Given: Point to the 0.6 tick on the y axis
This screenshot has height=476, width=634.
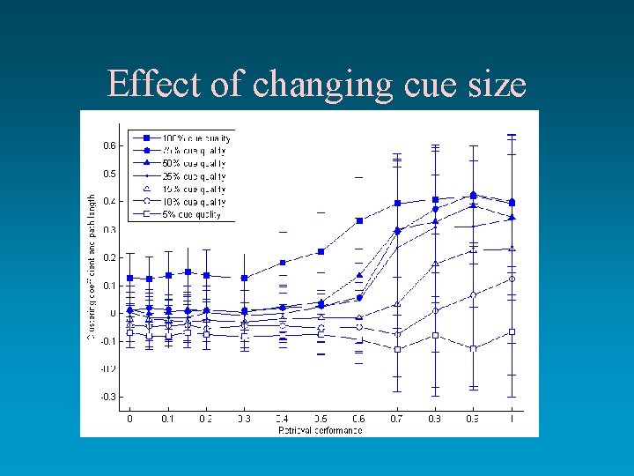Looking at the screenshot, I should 108,145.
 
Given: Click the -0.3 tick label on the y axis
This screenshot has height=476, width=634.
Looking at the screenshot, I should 107,398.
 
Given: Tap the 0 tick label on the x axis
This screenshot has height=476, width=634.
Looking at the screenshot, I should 130,419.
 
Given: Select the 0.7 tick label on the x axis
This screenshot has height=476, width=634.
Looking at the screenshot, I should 397,419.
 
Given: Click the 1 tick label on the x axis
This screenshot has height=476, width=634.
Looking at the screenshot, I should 512,419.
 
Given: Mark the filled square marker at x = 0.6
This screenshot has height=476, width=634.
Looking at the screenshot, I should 359,221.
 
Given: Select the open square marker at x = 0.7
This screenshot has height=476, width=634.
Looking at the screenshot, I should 397,349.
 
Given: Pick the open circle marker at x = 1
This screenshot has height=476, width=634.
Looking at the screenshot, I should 512,279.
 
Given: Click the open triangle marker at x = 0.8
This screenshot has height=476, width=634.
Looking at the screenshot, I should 435,264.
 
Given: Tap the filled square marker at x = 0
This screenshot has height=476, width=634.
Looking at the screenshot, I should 130,278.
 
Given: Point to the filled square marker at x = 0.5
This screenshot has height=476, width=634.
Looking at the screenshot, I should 321,251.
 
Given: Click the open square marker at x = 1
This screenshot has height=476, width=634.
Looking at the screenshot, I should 512,331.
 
